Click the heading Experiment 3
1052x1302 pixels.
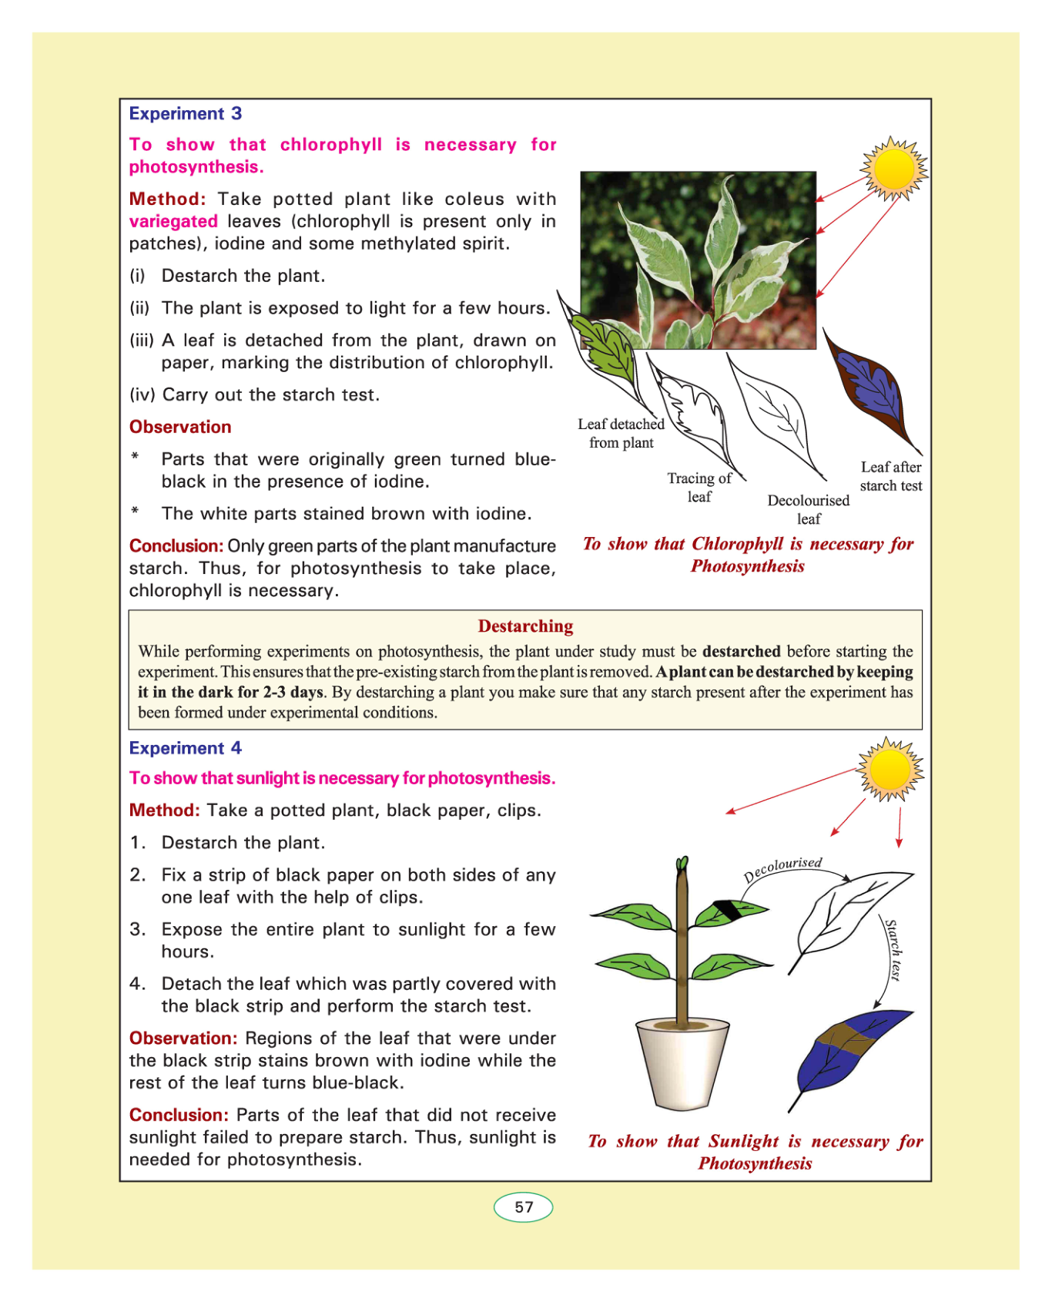tap(185, 114)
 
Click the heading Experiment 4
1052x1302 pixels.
tap(185, 748)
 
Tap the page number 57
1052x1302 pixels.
tap(524, 1207)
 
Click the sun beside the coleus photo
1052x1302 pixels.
tap(893, 169)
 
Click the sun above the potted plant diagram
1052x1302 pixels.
tap(890, 769)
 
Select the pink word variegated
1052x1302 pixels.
tap(173, 222)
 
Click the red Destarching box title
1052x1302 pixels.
tap(525, 626)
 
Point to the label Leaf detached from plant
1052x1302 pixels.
tap(621, 433)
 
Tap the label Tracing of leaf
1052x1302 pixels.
tap(699, 488)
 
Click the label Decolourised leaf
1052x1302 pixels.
tap(808, 509)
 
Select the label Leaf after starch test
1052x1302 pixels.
tap(890, 476)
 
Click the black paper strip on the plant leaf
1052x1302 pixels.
tap(727, 911)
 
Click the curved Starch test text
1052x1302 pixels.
tap(892, 949)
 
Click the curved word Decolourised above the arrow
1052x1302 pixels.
tap(782, 868)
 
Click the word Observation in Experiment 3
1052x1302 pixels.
tap(180, 428)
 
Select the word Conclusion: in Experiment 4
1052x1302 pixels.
tap(179, 1116)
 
